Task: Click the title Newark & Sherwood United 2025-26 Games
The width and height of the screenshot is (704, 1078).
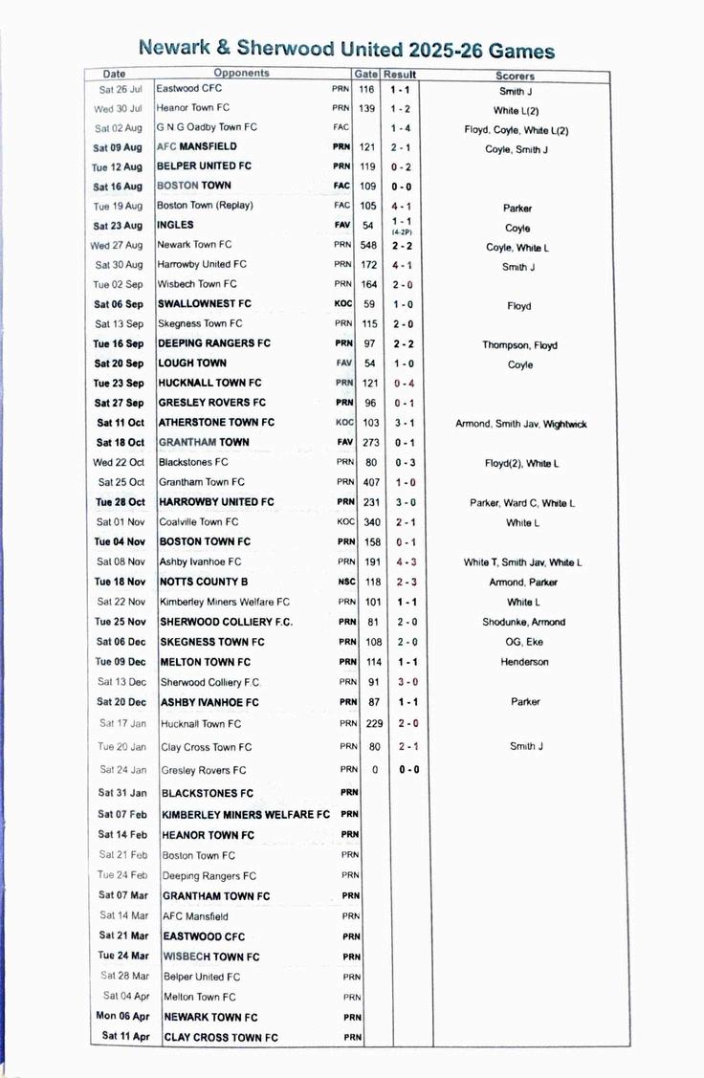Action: click(x=346, y=49)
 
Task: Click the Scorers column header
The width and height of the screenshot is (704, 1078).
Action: click(x=515, y=76)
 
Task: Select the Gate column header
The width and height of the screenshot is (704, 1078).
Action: click(x=366, y=75)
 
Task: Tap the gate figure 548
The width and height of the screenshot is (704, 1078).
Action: click(x=368, y=246)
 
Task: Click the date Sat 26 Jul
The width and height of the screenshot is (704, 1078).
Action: click(x=120, y=89)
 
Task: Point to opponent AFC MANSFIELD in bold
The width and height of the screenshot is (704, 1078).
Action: click(x=197, y=147)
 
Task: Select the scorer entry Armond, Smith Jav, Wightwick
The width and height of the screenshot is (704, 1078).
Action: click(x=520, y=424)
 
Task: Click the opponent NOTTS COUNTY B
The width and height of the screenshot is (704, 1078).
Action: click(x=204, y=582)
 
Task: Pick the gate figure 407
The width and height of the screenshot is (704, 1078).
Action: click(x=368, y=482)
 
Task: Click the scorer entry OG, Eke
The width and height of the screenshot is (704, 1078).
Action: click(x=523, y=642)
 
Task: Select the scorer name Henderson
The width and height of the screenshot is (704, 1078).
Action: click(x=524, y=662)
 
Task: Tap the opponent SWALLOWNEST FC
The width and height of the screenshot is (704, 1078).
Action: click(x=205, y=304)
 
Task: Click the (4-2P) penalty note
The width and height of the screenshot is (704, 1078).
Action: click(x=402, y=232)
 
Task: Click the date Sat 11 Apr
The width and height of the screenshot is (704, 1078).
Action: click(x=125, y=1037)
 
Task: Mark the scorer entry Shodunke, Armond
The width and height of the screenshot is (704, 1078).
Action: click(x=523, y=622)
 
